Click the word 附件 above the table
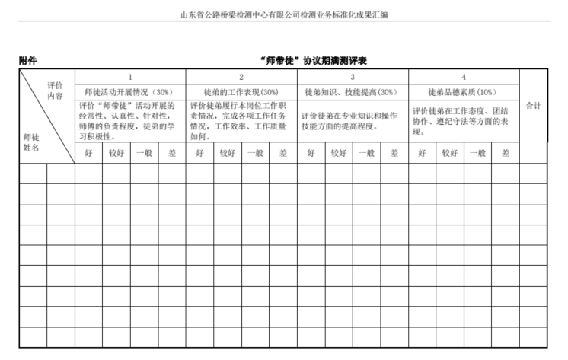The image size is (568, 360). click(29, 61)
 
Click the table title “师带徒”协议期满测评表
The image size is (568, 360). click(313, 61)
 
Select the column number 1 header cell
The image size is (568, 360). click(130, 77)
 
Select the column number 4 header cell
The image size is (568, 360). click(464, 77)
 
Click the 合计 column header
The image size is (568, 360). click(533, 106)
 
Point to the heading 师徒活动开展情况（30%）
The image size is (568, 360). click(130, 91)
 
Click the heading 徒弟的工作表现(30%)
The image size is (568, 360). click(241, 91)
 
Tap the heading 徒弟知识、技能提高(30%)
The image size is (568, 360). click(353, 91)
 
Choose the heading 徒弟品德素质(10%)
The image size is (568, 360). click(464, 91)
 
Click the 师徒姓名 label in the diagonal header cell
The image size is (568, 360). click(31, 142)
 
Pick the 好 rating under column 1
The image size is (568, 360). click(88, 152)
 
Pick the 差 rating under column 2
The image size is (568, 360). click(282, 152)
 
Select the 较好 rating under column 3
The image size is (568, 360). click(339, 152)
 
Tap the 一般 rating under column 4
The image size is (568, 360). click(477, 152)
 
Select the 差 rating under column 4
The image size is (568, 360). click(505, 152)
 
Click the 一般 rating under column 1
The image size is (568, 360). click(144, 152)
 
